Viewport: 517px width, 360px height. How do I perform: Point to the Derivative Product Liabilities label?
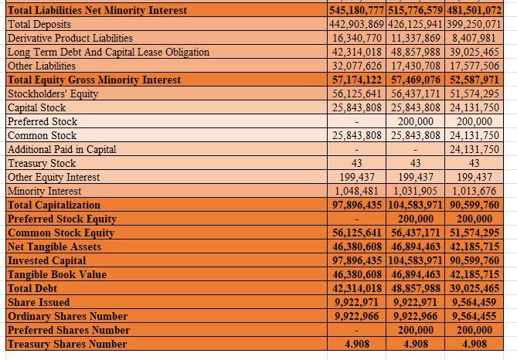tap(70, 38)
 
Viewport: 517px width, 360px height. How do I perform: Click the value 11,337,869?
tap(415, 38)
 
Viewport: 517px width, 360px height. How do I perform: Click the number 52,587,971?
tap(474, 80)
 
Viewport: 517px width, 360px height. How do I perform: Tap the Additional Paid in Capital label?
tap(61, 149)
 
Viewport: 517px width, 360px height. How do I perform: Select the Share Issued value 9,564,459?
tap(474, 302)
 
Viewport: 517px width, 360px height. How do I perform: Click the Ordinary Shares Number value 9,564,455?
tap(474, 316)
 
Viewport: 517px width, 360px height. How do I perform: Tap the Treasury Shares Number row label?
tap(67, 344)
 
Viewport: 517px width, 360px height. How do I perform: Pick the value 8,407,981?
tap(474, 38)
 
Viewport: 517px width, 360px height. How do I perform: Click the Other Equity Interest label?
tap(53, 177)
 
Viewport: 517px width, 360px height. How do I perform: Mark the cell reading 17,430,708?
tap(415, 66)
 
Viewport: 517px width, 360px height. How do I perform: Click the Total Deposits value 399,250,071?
tap(474, 24)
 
